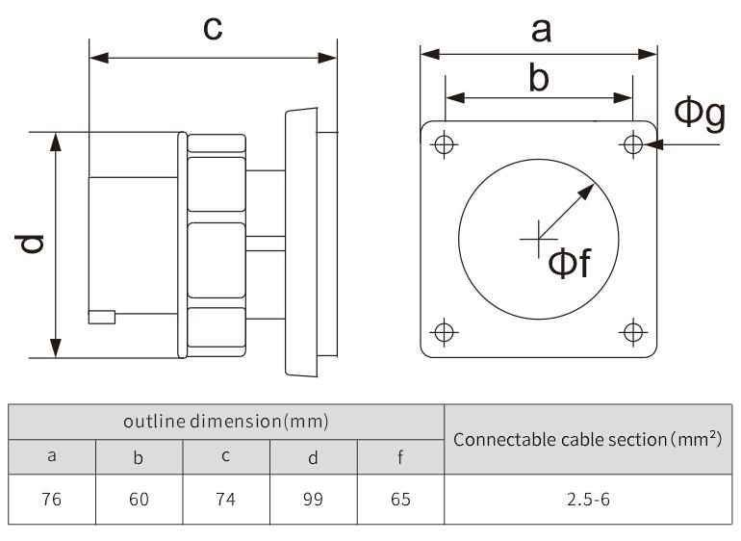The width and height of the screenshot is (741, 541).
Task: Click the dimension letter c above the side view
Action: pyautogui.click(x=213, y=29)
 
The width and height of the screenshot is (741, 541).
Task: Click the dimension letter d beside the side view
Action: pyautogui.click(x=31, y=244)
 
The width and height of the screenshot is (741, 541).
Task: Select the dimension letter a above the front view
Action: pyautogui.click(x=541, y=30)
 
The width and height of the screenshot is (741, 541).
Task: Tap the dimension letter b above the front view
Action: pyautogui.click(x=539, y=78)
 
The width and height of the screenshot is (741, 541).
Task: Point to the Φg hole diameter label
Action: pyautogui.click(x=699, y=113)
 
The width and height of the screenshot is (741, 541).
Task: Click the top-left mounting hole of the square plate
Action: pyautogui.click(x=444, y=144)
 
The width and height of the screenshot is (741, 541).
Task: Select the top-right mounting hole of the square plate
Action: pyautogui.click(x=632, y=144)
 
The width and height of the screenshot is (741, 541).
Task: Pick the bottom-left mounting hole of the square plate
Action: pyautogui.click(x=444, y=333)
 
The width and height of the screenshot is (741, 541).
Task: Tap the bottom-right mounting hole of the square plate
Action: pyautogui.click(x=632, y=333)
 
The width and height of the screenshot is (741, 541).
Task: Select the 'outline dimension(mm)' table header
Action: pyautogui.click(x=226, y=422)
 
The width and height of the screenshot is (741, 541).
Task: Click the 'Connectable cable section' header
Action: pyautogui.click(x=587, y=439)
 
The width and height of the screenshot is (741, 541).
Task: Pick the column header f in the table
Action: pyautogui.click(x=400, y=457)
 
